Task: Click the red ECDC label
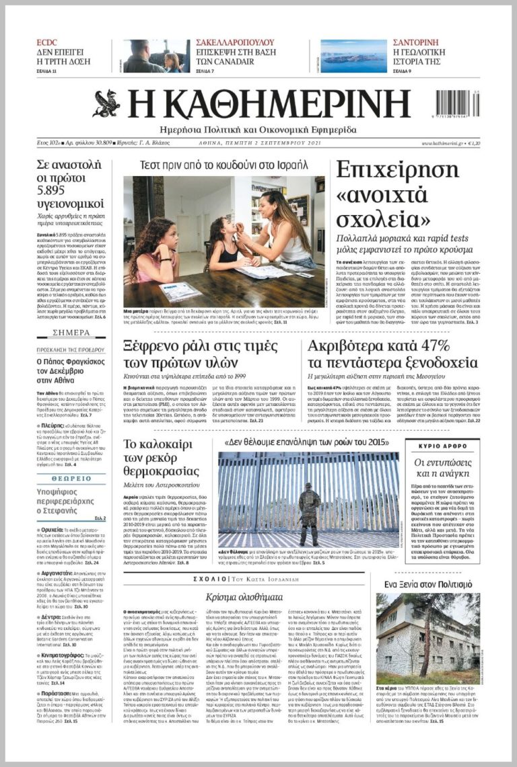[x=46, y=42]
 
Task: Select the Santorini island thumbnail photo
[x=353, y=56]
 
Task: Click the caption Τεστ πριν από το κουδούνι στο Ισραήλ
[x=223, y=165]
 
